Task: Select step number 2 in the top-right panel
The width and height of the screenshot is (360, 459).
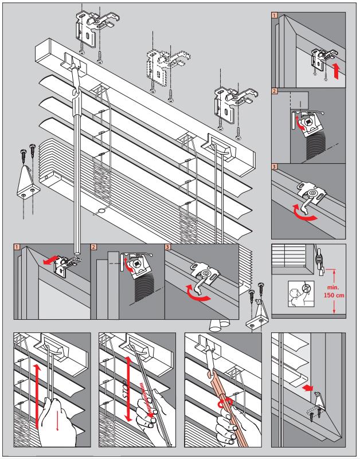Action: [x=275, y=91]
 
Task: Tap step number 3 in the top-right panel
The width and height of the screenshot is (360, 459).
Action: [x=275, y=167]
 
